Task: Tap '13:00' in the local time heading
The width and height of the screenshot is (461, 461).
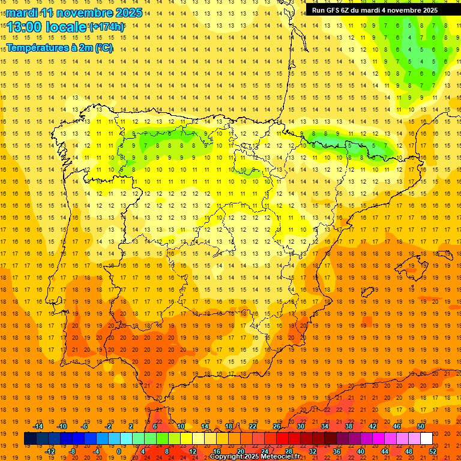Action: tap(25, 26)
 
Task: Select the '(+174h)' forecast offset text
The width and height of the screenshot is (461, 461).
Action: tap(107, 26)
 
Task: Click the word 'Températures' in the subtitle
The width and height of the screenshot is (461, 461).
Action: tap(38, 47)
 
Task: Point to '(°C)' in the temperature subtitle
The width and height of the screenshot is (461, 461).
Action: tap(103, 47)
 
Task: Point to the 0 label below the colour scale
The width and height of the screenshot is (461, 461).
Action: tap(119, 451)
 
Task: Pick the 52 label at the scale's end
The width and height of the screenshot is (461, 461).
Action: tap(433, 451)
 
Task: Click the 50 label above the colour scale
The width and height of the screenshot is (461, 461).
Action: tap(421, 426)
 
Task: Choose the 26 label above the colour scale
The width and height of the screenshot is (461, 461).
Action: tap(277, 426)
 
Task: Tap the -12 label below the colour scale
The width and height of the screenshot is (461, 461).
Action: tap(50, 451)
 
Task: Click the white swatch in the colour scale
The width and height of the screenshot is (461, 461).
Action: tap(426, 439)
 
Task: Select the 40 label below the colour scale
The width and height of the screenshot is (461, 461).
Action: tap(361, 451)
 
